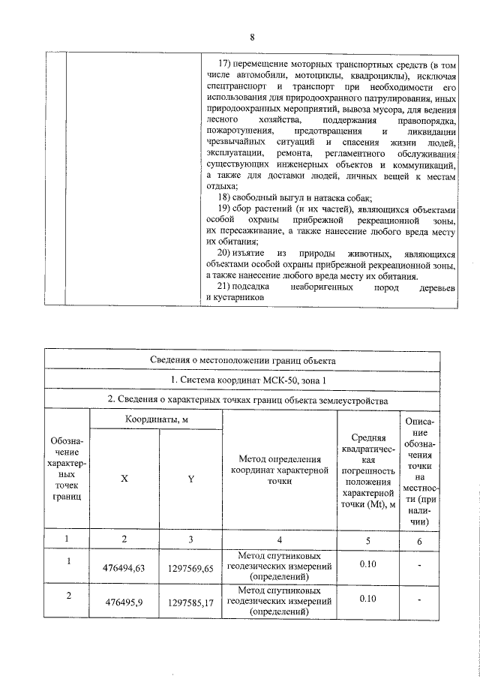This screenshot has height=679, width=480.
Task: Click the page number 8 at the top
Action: point(253,38)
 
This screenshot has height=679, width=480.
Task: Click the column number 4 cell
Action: point(278,539)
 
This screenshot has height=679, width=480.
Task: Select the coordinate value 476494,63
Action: point(124,568)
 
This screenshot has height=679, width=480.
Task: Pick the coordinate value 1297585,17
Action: point(190,602)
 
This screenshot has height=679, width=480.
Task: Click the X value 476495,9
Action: point(124,602)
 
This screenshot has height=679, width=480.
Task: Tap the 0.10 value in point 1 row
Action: point(367,563)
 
